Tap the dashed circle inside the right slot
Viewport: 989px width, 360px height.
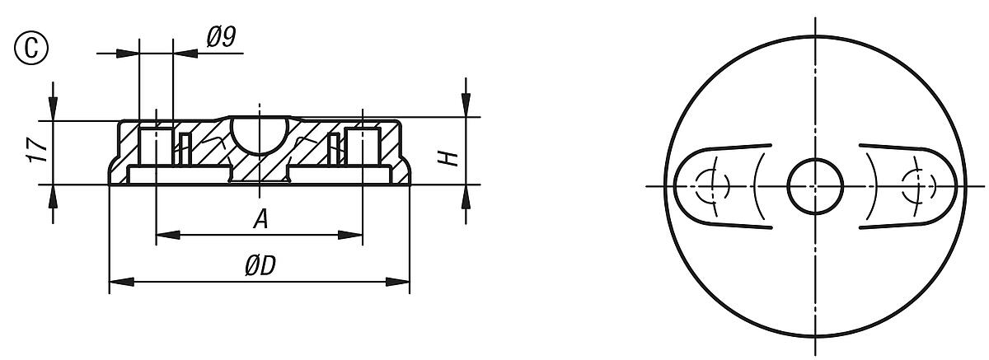coord(920,185)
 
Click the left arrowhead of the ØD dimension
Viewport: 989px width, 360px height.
coord(120,282)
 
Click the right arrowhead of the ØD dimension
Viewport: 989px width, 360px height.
coord(399,282)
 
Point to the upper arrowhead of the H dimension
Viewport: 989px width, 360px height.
coord(466,106)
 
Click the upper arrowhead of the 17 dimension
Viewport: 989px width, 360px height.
coord(54,109)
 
